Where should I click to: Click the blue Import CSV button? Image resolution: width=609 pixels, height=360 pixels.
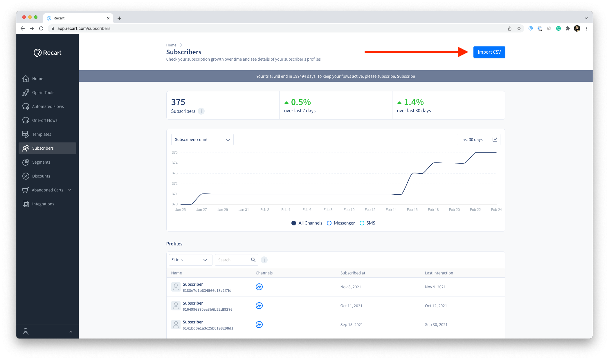click(x=489, y=52)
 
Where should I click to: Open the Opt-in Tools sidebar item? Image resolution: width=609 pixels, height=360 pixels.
click(x=43, y=93)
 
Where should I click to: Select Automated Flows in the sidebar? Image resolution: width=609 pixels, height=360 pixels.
click(x=48, y=106)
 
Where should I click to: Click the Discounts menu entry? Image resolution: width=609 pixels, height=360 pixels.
click(x=41, y=176)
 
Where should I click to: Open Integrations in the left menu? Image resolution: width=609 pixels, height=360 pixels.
click(x=43, y=204)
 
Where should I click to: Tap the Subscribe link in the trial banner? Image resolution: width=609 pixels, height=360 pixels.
click(x=406, y=76)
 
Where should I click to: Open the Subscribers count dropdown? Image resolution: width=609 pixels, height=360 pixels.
click(x=202, y=140)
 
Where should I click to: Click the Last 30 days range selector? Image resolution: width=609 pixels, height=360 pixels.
click(x=478, y=140)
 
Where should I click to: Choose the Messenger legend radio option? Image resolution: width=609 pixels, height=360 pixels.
click(x=329, y=223)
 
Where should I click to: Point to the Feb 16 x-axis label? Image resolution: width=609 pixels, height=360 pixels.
click(x=412, y=210)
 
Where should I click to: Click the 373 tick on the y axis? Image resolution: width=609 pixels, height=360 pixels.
click(x=174, y=173)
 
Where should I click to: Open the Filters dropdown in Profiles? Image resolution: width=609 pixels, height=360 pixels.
click(x=190, y=260)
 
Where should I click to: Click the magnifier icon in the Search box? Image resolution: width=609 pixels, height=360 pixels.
click(x=253, y=260)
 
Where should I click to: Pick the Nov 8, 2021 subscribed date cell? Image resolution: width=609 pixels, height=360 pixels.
click(x=351, y=287)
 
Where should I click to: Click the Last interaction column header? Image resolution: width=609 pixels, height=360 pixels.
click(x=439, y=273)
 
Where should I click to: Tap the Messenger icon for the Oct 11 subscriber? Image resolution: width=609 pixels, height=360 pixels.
click(x=259, y=306)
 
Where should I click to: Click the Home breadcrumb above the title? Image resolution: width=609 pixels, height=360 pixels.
click(x=171, y=45)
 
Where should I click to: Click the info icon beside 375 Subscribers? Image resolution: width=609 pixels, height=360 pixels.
click(x=201, y=111)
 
